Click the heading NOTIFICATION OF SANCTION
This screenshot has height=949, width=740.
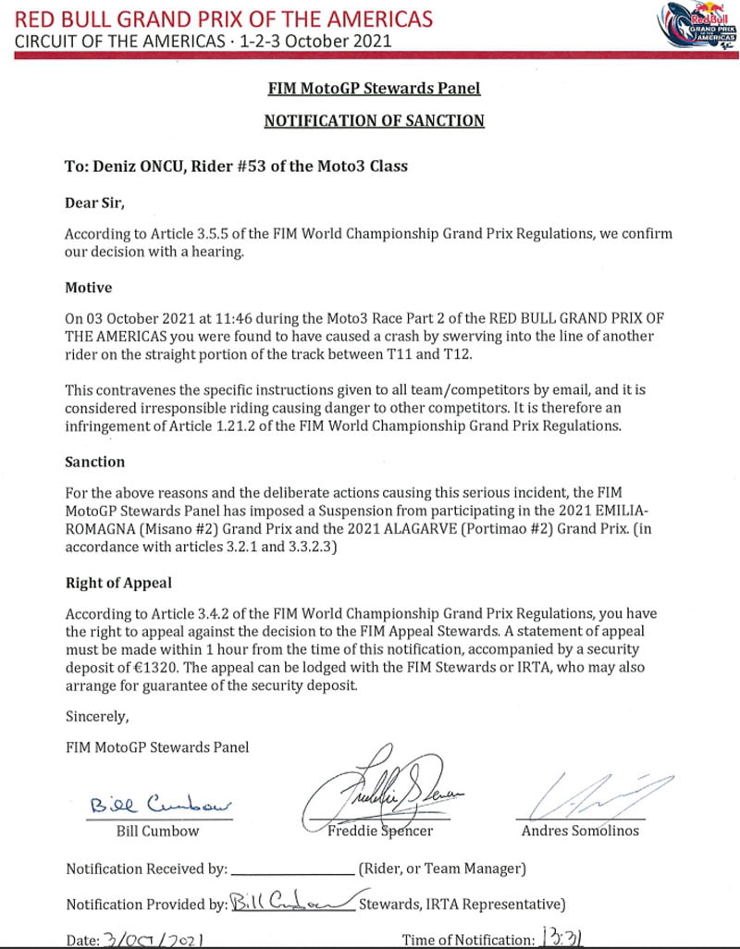tap(374, 120)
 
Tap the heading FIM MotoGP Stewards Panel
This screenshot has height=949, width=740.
tap(374, 89)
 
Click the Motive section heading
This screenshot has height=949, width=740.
tap(88, 288)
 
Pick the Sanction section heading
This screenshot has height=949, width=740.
tap(94, 461)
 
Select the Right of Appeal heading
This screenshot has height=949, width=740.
tap(118, 583)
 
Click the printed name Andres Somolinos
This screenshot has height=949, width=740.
tap(580, 830)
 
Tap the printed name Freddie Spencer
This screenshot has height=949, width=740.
tap(380, 830)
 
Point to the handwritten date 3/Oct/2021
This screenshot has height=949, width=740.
tap(151, 939)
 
